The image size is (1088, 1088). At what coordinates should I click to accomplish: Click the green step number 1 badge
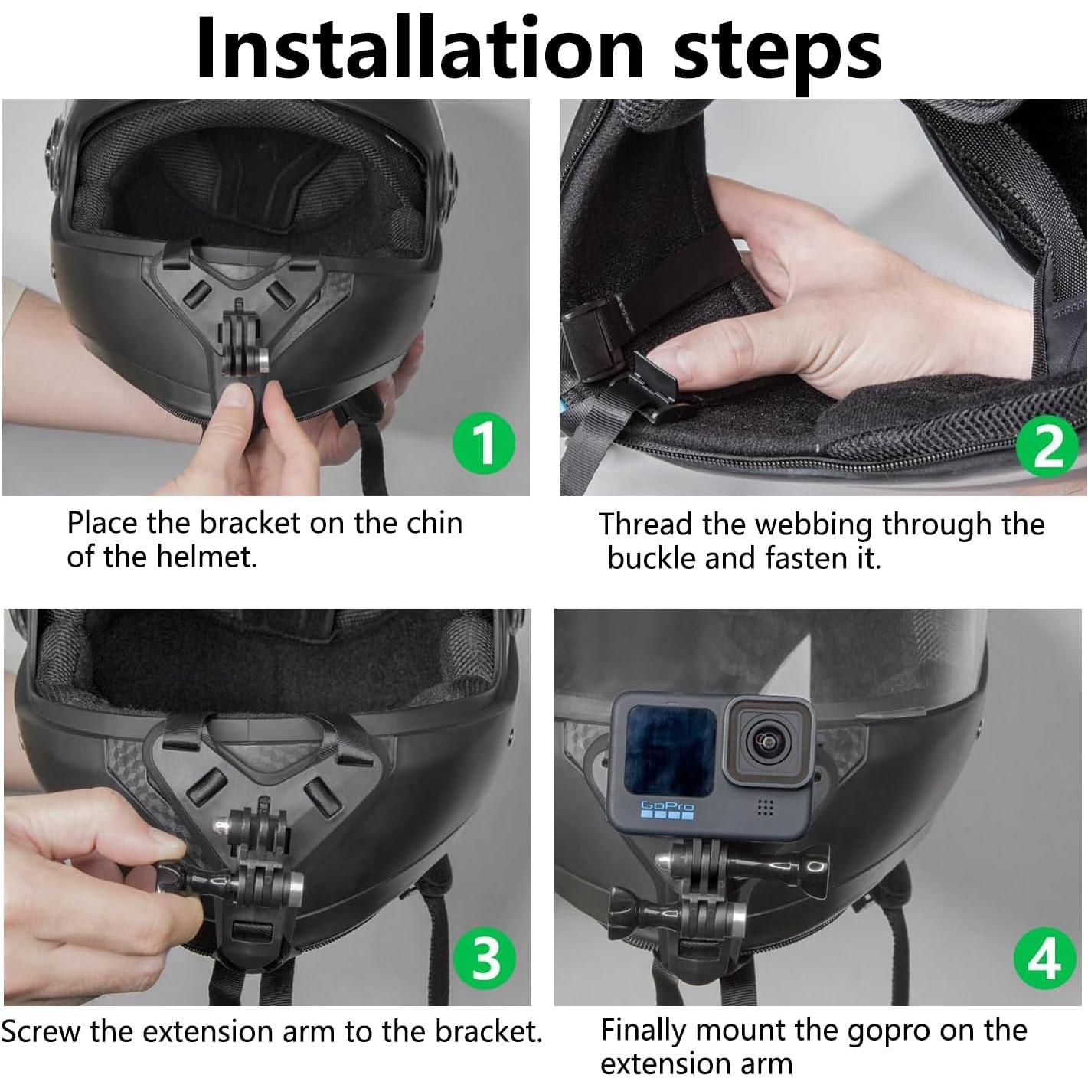click(484, 443)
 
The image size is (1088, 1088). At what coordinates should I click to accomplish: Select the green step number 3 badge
click(485, 959)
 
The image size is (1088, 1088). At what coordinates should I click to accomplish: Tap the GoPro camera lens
click(766, 740)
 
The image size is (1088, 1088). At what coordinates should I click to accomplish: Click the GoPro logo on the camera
click(667, 809)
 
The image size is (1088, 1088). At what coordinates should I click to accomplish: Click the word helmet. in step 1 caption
click(206, 557)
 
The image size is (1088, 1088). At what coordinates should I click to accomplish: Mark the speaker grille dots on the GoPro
click(765, 808)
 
